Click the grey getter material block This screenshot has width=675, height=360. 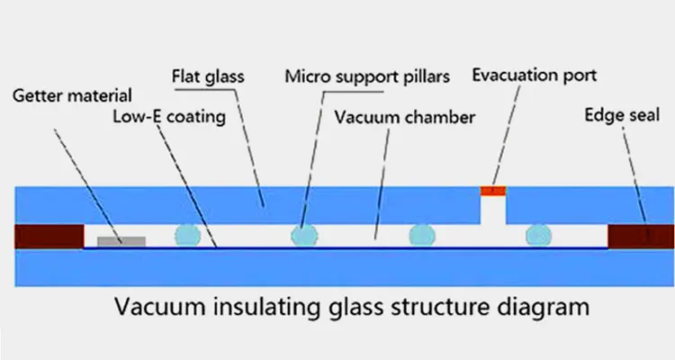121,240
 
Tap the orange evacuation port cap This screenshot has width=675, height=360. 492,190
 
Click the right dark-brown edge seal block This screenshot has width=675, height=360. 641,236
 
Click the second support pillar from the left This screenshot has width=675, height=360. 304,236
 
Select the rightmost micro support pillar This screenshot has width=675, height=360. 538,235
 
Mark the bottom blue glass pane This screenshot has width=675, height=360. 337,266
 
